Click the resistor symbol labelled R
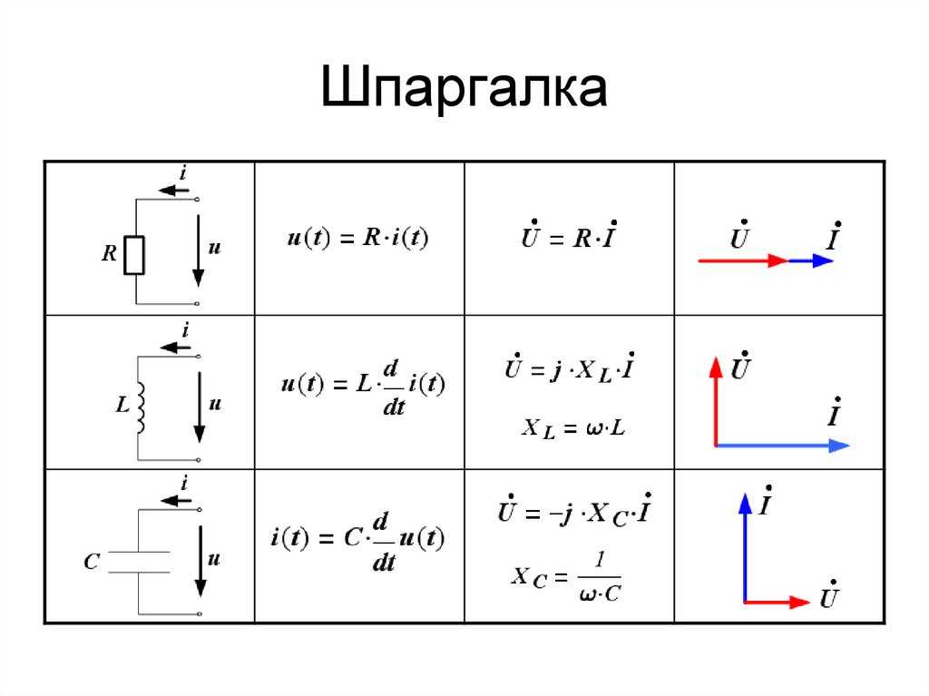134,255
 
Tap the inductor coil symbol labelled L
141,407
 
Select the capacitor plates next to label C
140,562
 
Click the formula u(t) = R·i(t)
357,238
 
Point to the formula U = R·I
570,235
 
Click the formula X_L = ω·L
573,428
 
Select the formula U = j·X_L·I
570,368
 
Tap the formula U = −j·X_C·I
574,511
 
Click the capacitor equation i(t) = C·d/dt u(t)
357,541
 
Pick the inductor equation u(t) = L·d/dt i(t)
363,387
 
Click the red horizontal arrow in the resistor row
743,260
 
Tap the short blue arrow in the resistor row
810,260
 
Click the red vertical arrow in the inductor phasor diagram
717,401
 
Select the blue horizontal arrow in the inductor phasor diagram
782,446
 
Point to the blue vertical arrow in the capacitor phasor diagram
745,548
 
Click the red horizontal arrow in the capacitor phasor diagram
777,603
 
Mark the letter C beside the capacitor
92,562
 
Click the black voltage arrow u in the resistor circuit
199,251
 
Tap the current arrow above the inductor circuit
176,347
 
